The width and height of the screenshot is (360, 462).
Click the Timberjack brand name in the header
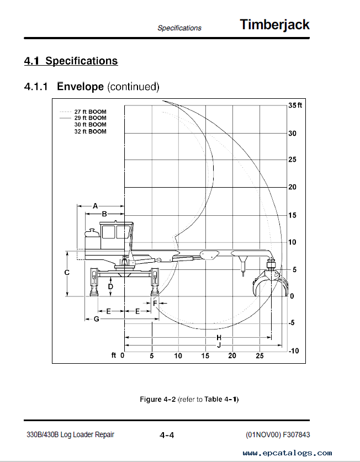coord(274,25)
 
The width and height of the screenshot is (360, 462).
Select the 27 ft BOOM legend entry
coord(90,111)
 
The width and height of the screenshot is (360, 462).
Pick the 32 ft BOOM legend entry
coord(90,131)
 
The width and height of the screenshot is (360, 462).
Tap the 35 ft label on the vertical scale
coord(295,105)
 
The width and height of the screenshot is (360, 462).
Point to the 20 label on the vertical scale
coord(292,187)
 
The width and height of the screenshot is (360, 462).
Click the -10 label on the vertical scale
coord(294,351)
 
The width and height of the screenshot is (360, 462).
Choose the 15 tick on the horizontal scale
coord(205,356)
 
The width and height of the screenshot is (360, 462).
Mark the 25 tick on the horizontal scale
coord(260,356)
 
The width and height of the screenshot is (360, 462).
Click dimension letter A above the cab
coord(95,206)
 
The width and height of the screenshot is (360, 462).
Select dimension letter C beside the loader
coord(67,273)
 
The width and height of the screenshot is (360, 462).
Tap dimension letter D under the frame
coord(110,286)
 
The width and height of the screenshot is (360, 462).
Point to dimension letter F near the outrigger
coord(155,303)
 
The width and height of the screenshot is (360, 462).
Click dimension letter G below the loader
coord(97,319)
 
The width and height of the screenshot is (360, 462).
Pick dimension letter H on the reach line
coord(219,338)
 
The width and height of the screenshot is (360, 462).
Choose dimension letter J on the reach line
coord(219,346)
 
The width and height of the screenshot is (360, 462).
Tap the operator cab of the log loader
coord(115,236)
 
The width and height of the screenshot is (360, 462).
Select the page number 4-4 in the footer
coord(167,435)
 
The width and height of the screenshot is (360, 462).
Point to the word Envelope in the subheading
coord(80,87)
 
